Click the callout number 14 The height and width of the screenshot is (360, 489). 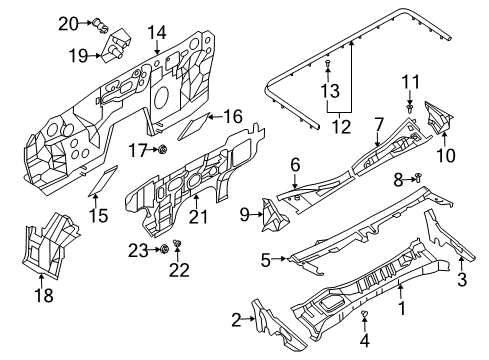155,33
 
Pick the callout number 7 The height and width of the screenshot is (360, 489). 379,124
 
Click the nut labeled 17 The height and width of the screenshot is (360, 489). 161,150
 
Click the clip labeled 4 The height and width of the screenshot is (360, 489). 366,317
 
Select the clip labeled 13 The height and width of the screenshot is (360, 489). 330,65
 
